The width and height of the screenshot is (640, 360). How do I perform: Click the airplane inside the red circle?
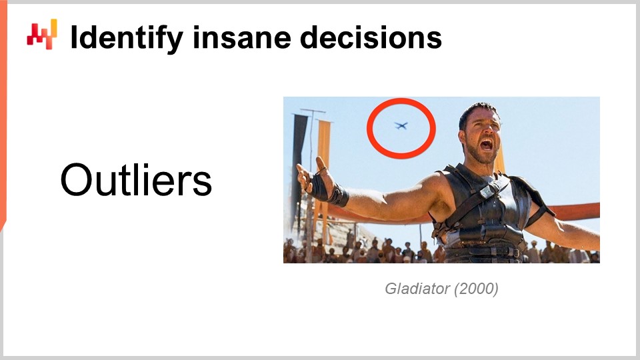(401, 125)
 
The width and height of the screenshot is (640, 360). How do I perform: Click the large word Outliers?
(136, 180)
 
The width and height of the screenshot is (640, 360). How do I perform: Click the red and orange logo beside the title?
(41, 33)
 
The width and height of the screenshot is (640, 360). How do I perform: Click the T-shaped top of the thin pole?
(312, 111)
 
